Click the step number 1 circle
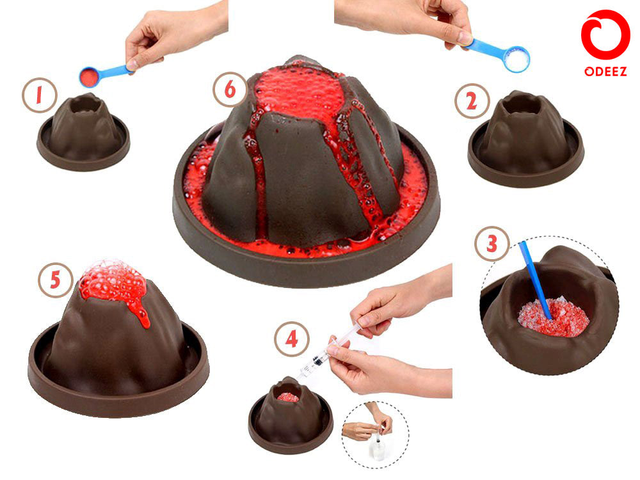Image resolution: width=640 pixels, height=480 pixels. coord(38,96)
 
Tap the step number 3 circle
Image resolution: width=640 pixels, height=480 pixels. coord(492,244)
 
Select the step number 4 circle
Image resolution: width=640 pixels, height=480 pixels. coord(291,339)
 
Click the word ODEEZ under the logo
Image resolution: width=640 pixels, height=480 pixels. coord(605,72)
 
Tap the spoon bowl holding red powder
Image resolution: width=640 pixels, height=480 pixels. coord(90,77)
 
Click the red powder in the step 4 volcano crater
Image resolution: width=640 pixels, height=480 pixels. coord(288,397)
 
